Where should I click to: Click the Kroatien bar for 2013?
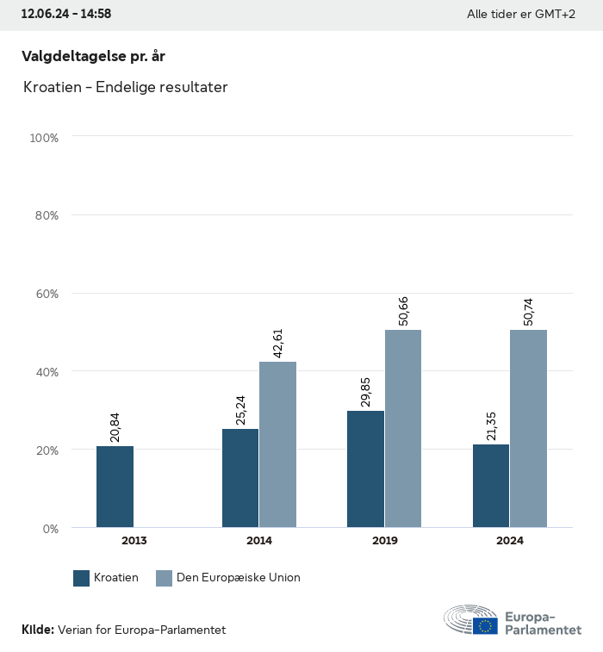point(115,487)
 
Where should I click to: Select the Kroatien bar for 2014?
point(240,478)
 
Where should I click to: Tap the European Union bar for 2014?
point(277,444)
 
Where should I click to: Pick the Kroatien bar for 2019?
point(365,469)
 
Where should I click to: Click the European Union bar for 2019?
point(403,429)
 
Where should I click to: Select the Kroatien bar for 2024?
point(491,486)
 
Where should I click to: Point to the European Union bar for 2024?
point(528,429)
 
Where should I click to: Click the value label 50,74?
point(528,307)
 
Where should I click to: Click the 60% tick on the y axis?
point(44,294)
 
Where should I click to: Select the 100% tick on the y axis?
point(43,138)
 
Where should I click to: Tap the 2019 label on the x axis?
point(384,541)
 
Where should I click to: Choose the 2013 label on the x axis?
point(134,541)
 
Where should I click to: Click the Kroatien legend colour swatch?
point(82,578)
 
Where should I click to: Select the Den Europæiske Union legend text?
point(239,578)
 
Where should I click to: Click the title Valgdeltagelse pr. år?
point(93,56)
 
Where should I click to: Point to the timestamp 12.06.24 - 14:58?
point(66,14)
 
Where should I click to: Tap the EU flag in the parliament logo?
point(485,626)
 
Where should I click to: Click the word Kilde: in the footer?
point(38,630)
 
